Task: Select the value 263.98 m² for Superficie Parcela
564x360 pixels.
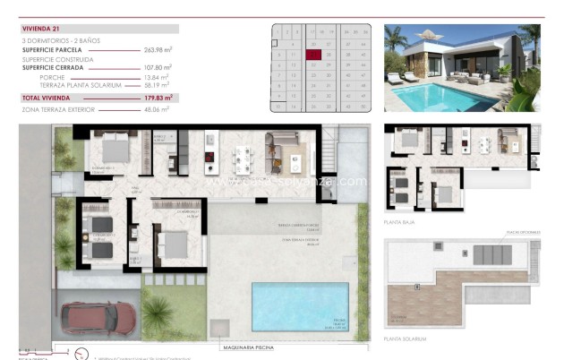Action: tap(158, 50)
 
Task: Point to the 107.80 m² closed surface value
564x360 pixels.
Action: tap(158, 67)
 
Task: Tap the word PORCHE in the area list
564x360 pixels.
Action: tap(52, 76)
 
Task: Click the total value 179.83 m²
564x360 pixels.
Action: tap(158, 97)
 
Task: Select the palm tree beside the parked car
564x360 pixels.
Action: tap(158, 314)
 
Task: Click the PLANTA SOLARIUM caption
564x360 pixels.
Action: tap(405, 339)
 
